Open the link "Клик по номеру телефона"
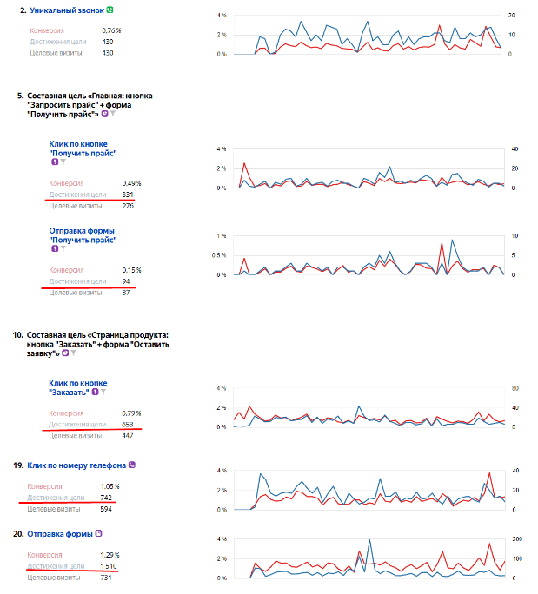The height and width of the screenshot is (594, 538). pos(76,465)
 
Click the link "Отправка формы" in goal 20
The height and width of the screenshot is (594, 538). pos(64,533)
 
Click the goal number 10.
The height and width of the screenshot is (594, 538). pos(17,333)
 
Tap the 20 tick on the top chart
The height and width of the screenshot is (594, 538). pos(512,16)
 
